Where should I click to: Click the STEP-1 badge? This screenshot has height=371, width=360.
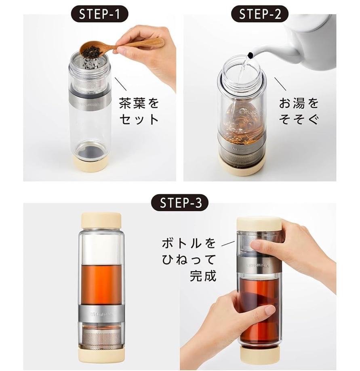pyautogui.click(x=99, y=15)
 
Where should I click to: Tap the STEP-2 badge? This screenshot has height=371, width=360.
pyautogui.click(x=259, y=15)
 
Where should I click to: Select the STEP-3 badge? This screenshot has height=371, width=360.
pyautogui.click(x=179, y=203)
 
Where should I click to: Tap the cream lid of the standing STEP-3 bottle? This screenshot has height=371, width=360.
pyautogui.click(x=101, y=220)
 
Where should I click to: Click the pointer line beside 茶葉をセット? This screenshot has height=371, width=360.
pyautogui.click(x=120, y=84)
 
